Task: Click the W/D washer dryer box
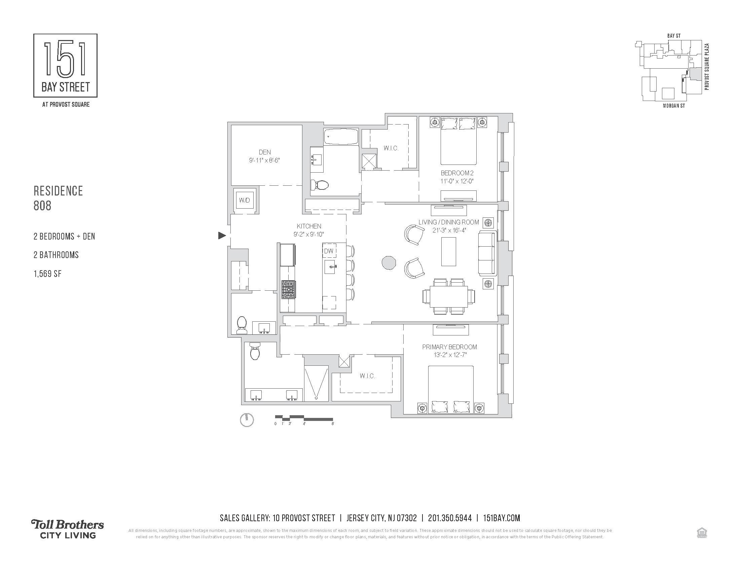[245, 200]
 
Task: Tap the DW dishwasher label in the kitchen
[329, 251]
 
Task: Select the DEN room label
[265, 152]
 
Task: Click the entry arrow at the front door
[222, 235]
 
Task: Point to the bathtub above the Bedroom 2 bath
[340, 137]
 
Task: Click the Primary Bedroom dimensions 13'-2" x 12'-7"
[449, 355]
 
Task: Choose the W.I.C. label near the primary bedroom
[367, 376]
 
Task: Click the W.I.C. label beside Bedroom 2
[391, 148]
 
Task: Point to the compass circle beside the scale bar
[247, 420]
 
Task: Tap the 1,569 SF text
[47, 274]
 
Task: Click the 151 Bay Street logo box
[65, 65]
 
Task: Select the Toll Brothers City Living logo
[68, 529]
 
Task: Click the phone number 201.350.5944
[450, 518]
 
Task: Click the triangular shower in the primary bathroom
[316, 383]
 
